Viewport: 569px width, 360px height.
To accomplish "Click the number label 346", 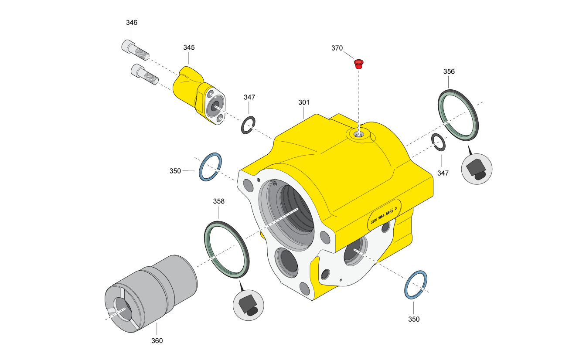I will click(x=132, y=23).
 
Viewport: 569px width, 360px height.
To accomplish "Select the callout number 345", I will click(x=189, y=47).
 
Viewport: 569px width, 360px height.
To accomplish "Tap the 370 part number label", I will click(x=337, y=48).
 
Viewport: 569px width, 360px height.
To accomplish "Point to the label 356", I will click(x=449, y=71).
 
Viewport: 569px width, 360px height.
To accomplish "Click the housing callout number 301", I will click(x=304, y=102).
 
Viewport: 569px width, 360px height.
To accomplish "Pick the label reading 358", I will click(x=219, y=201).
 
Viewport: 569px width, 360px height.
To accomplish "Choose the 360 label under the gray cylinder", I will click(x=157, y=340).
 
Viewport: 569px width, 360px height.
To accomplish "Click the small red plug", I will click(x=359, y=64).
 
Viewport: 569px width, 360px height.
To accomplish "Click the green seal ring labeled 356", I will click(x=457, y=115).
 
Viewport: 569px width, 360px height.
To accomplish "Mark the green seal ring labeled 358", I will click(x=227, y=249).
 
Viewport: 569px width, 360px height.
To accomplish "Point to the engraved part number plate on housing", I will click(x=384, y=216).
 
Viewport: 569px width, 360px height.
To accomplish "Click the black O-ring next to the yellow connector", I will click(x=248, y=125).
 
